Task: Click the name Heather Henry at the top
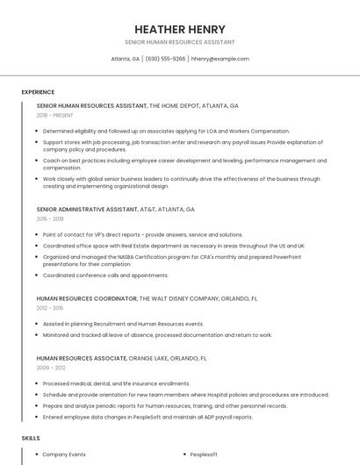(180, 29)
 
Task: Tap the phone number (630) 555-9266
(165, 59)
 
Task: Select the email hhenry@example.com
(220, 59)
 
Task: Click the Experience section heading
(38, 92)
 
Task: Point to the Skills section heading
(31, 437)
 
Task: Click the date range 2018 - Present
(54, 115)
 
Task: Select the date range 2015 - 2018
(50, 219)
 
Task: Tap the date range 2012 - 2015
(50, 308)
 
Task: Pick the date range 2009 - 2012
(50, 368)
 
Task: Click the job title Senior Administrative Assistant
(87, 210)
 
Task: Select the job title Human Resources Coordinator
(86, 298)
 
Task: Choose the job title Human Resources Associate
(81, 358)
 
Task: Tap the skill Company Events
(64, 454)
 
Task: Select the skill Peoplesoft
(204, 454)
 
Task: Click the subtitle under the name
(180, 41)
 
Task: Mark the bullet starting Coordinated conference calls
(105, 275)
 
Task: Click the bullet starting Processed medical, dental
(116, 383)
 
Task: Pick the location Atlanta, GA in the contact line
(125, 59)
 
